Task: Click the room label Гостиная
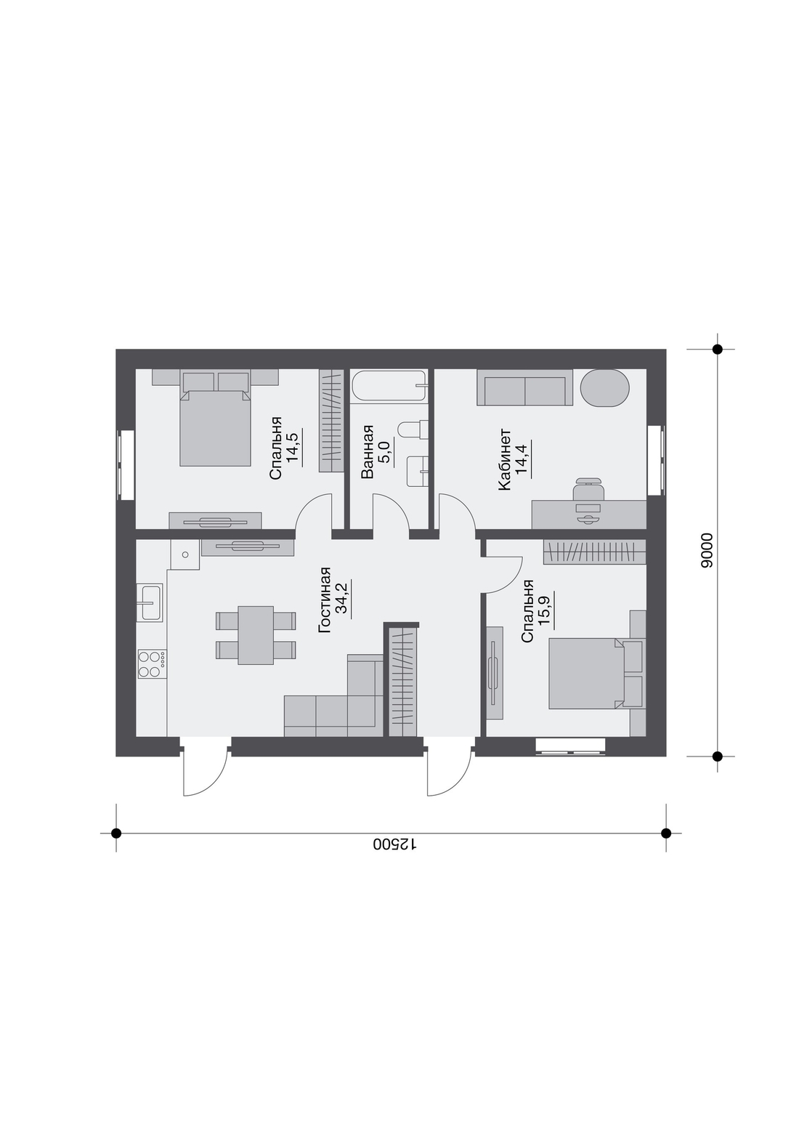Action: (325, 600)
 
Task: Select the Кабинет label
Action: (505, 459)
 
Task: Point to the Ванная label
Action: (368, 451)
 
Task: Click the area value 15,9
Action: (545, 610)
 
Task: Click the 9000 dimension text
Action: (707, 551)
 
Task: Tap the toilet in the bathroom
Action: (413, 429)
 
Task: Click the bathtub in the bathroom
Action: (389, 387)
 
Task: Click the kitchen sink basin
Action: (150, 603)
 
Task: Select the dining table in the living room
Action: (256, 636)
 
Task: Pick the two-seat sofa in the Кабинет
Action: (524, 387)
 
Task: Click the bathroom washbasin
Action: (418, 471)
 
